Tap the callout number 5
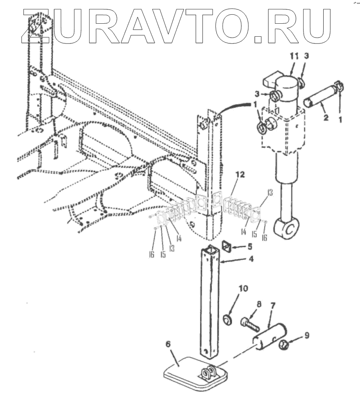pyautogui.click(x=250, y=246)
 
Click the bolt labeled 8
pyautogui.click(x=249, y=322)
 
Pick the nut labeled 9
pyautogui.click(x=284, y=344)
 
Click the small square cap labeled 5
pyautogui.click(x=227, y=246)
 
